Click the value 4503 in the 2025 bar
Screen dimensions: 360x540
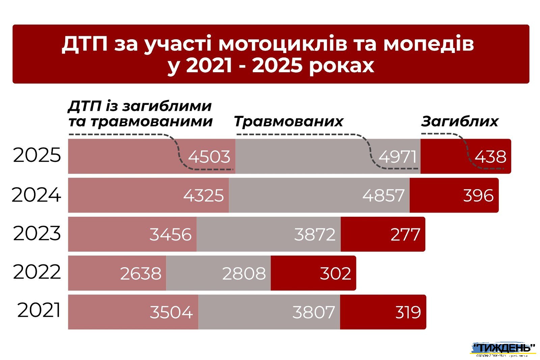click(209, 157)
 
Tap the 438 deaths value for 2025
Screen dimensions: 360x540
click(490, 157)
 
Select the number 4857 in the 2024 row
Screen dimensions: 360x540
click(383, 196)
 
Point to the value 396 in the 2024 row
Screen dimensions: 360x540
click(478, 196)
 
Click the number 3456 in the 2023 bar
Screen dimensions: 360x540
click(170, 234)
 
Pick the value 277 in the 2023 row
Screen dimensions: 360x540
click(405, 234)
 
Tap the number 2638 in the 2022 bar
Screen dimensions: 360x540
click(141, 273)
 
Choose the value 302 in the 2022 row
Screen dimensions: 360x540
click(335, 273)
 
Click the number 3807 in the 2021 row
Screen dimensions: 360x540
click(314, 312)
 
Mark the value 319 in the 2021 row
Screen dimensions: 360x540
click(408, 312)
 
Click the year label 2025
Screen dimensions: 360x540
click(37, 156)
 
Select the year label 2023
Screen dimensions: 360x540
click(37, 233)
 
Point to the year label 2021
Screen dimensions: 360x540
click(39, 310)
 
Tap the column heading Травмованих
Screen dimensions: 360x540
click(289, 121)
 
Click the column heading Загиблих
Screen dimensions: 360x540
click(460, 121)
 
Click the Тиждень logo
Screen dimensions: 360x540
click(503, 349)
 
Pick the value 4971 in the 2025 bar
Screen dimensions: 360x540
click(398, 157)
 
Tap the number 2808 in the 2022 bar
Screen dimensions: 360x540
click(244, 273)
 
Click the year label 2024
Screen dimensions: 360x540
click(36, 195)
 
